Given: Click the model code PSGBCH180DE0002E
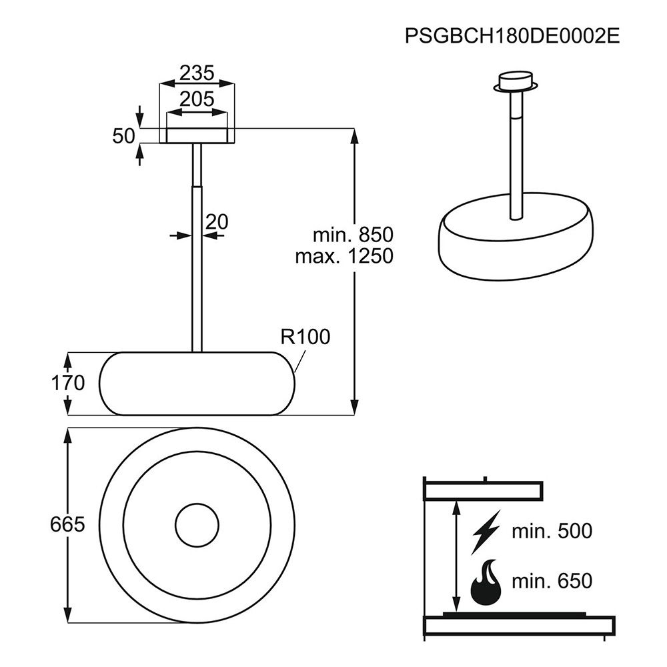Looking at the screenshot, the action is pyautogui.click(x=512, y=36).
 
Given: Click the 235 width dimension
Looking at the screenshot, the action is pyautogui.click(x=197, y=73).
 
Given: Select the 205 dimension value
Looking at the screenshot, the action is pyautogui.click(x=197, y=99).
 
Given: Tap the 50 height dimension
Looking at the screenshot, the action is pyautogui.click(x=123, y=136).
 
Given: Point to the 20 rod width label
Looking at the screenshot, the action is pyautogui.click(x=217, y=221).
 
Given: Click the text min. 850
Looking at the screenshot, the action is pyautogui.click(x=353, y=235).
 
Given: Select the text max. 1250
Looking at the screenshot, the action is pyautogui.click(x=345, y=256).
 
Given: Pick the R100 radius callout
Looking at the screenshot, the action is pyautogui.click(x=305, y=337).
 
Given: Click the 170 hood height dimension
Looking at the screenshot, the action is pyautogui.click(x=68, y=383).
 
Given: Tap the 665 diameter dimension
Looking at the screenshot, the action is pyautogui.click(x=67, y=524).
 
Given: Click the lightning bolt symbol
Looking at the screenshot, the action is pyautogui.click(x=486, y=532).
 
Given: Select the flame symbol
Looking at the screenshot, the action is pyautogui.click(x=486, y=583).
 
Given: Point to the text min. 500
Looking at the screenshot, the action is pyautogui.click(x=552, y=532).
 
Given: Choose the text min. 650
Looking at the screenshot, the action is pyautogui.click(x=552, y=581).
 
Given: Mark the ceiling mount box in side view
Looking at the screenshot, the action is pyautogui.click(x=197, y=135).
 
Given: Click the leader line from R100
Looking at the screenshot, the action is pyautogui.click(x=300, y=361).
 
